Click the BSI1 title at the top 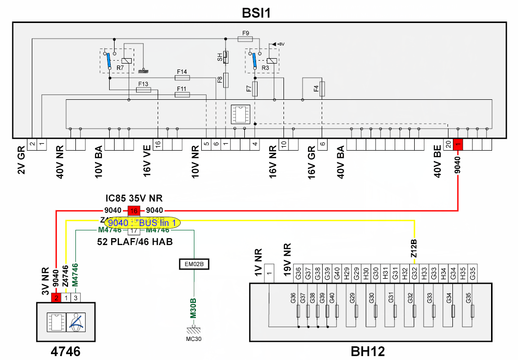(x=257, y=12)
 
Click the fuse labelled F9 (x=246, y=39)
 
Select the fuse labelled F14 (x=182, y=77)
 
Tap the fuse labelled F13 (x=143, y=90)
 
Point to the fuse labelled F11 (x=182, y=95)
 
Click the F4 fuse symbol (x=322, y=89)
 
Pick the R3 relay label (x=265, y=67)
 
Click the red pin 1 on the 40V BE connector (x=458, y=144)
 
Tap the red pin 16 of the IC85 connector (x=133, y=211)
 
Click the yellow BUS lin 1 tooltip (x=142, y=222)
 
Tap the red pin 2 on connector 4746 (x=57, y=297)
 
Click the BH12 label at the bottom (x=368, y=351)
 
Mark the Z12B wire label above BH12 (x=414, y=248)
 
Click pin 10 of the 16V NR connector (x=283, y=144)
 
